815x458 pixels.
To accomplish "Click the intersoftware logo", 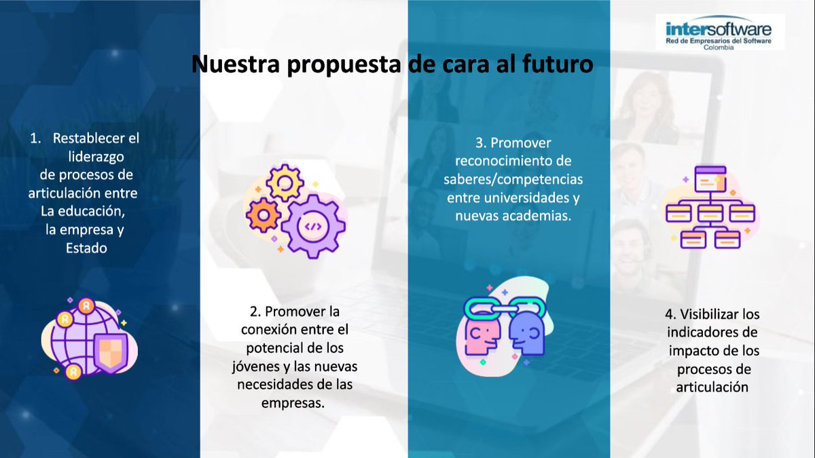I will [x=719, y=31].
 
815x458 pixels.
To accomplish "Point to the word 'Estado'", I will [x=86, y=248].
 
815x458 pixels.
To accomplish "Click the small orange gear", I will [x=262, y=216].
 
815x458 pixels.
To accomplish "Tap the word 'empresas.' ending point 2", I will [x=293, y=403].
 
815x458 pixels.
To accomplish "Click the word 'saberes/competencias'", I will [x=513, y=180].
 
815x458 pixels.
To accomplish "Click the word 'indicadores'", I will [x=712, y=333].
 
